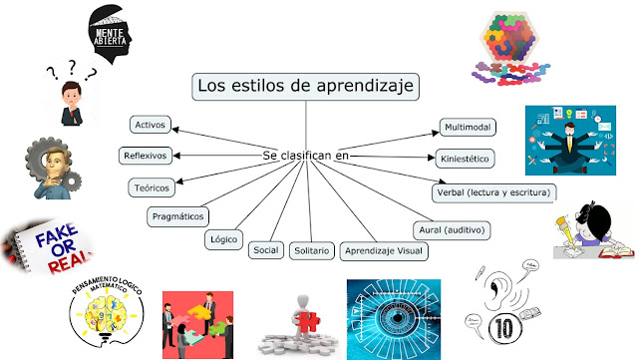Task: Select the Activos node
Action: pyautogui.click(x=153, y=125)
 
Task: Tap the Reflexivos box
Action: pyautogui.click(x=146, y=156)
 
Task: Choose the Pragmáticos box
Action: pyautogui.click(x=177, y=214)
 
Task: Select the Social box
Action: pyautogui.click(x=266, y=249)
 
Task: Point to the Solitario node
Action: pyautogui.click(x=311, y=250)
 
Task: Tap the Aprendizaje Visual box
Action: pyautogui.click(x=384, y=250)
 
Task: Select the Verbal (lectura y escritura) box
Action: pyautogui.click(x=493, y=191)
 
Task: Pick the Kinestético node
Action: pyautogui.click(x=466, y=158)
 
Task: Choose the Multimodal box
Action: pyautogui.click(x=468, y=128)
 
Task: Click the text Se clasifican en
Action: pyautogui.click(x=306, y=157)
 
